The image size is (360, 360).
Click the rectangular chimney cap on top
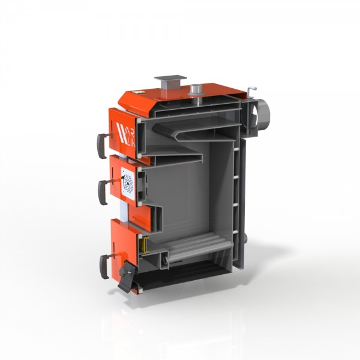(x=170, y=79)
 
